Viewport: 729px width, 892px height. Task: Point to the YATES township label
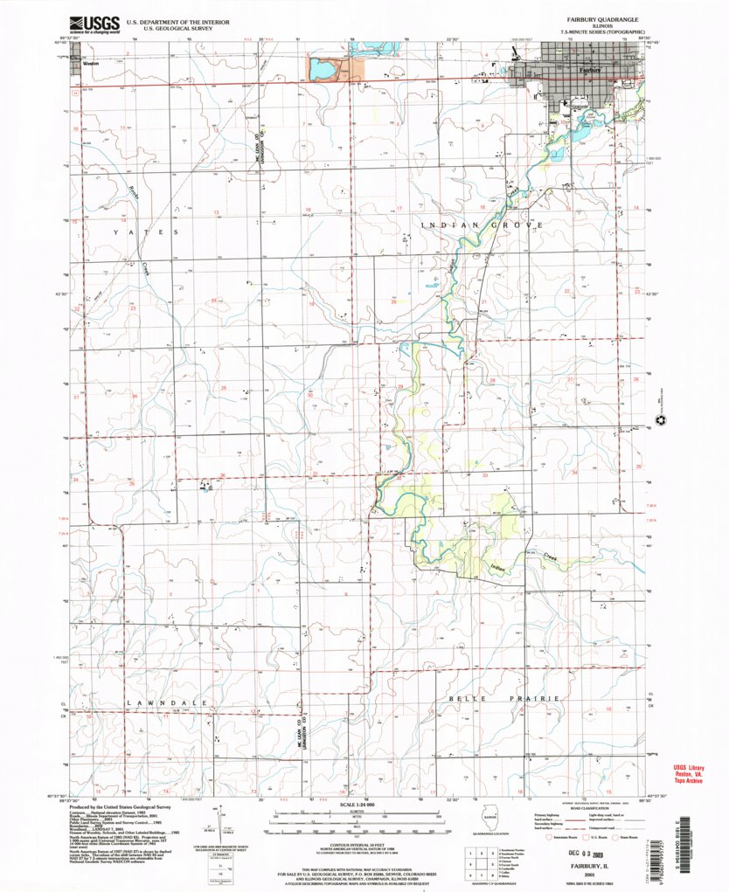pyautogui.click(x=144, y=233)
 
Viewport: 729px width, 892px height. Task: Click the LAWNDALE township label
pyautogui.click(x=166, y=702)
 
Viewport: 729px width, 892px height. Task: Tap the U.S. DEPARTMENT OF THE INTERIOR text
pyautogui.click(x=167, y=18)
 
